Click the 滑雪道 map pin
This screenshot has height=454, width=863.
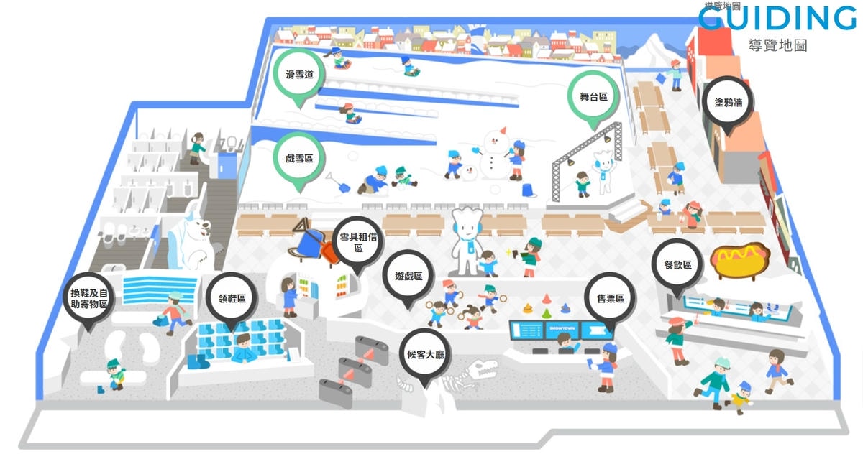(299, 74)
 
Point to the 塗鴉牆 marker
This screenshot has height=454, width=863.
(728, 102)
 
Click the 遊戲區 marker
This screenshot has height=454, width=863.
(408, 277)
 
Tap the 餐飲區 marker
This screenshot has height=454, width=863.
(677, 265)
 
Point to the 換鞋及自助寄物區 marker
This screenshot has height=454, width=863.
(89, 298)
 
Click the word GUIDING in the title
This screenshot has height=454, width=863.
(777, 19)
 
